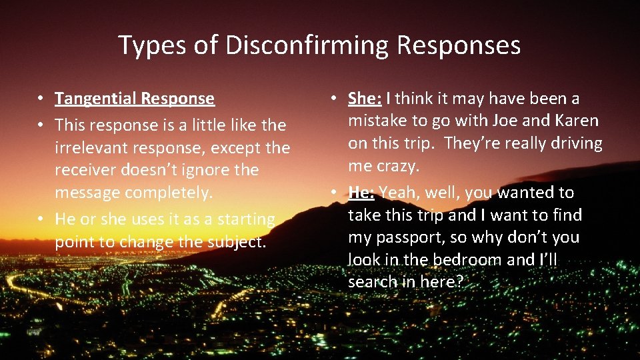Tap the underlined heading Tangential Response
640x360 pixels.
click(x=135, y=99)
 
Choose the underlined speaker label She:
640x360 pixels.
click(x=365, y=99)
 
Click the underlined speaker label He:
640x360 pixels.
click(x=361, y=193)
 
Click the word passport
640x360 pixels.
click(x=407, y=237)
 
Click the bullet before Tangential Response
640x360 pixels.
click(x=41, y=99)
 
